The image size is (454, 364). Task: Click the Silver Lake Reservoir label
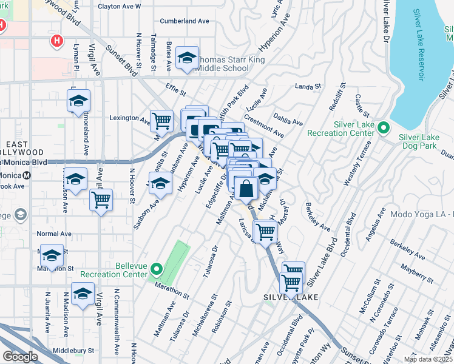coord(419,45)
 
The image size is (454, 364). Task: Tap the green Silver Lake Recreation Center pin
coord(383,128)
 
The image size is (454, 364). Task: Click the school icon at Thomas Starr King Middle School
coord(187,58)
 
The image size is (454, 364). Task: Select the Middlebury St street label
coord(74,350)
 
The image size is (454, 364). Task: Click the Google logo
coord(20,356)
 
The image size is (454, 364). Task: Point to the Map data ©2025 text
coord(427,359)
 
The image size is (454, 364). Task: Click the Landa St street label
coord(307,87)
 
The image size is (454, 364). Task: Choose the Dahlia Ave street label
coord(289,118)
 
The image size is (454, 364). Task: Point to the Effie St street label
coord(174,92)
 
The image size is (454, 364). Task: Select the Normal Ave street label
coord(54,234)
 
